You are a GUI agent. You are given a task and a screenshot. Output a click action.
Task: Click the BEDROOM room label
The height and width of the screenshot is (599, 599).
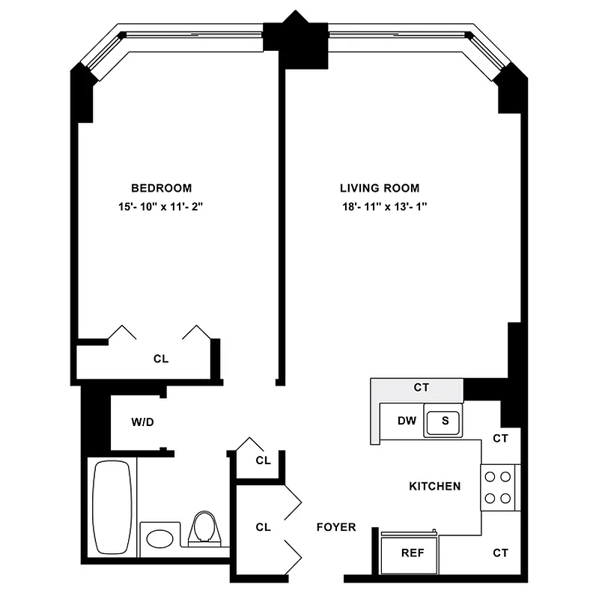(161, 188)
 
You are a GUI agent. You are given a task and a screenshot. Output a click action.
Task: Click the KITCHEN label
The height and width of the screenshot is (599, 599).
(434, 487)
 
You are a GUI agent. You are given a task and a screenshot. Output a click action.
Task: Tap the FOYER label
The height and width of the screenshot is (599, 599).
(335, 527)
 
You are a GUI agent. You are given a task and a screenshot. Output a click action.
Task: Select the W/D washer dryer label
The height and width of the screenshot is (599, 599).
(142, 422)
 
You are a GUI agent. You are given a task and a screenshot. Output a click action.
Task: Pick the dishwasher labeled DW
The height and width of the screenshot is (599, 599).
(407, 421)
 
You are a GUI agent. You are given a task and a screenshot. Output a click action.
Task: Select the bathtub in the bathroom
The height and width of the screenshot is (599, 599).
(112, 506)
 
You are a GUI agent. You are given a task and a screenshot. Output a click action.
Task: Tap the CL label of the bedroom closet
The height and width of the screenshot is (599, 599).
(161, 359)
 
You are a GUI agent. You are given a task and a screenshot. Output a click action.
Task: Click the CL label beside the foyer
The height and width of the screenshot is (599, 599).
(262, 527)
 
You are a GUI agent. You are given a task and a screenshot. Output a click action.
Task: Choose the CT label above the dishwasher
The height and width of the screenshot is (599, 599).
(421, 389)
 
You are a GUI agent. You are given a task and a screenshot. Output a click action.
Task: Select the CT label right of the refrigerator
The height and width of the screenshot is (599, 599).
(500, 553)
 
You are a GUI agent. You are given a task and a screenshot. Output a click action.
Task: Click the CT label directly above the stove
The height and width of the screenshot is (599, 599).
(500, 439)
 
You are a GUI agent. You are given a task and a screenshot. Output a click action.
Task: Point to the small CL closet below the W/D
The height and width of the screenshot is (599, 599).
(262, 460)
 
